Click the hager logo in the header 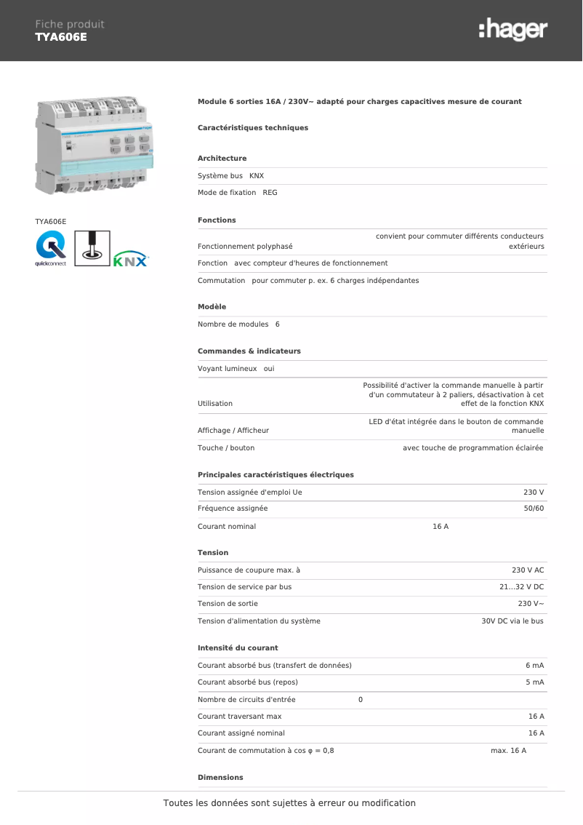tap(512, 30)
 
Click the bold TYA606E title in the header tap(61, 37)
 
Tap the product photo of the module tap(95, 146)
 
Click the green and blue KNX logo tap(131, 259)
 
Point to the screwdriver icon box tap(92, 245)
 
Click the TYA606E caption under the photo tap(51, 221)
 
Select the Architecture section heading tap(222, 159)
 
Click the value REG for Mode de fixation tap(270, 193)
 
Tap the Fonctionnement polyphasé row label tap(245, 247)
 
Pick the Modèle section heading tap(212, 307)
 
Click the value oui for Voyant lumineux tap(269, 369)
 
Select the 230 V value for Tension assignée tap(534, 493)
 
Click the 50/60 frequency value tap(534, 509)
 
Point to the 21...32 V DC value tap(521, 587)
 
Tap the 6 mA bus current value tap(534, 666)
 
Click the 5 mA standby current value tap(534, 682)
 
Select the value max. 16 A tap(508, 751)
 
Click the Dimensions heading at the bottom tap(220, 778)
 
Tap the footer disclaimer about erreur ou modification tap(289, 803)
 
